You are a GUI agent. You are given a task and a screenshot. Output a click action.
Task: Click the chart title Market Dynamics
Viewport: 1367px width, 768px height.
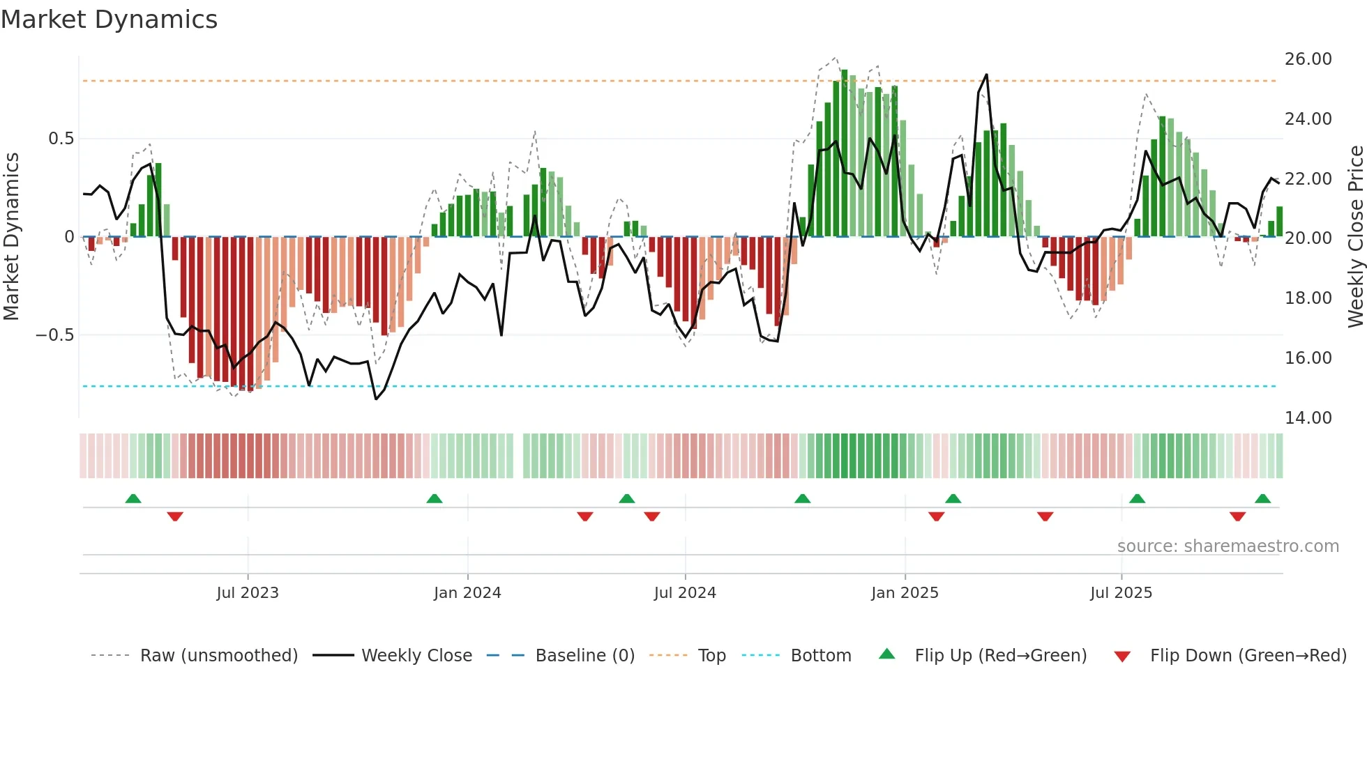(109, 20)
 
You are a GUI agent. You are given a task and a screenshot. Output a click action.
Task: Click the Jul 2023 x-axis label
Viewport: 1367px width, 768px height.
(248, 593)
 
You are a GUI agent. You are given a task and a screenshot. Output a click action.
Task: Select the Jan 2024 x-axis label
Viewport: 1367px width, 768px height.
(467, 593)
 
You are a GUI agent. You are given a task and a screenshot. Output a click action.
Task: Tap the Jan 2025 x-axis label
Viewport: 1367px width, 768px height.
(905, 593)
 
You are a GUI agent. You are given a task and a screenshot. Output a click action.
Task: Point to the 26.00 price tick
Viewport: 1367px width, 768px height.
(1308, 59)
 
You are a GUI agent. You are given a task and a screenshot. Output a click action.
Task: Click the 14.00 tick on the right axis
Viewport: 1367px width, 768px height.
(1308, 418)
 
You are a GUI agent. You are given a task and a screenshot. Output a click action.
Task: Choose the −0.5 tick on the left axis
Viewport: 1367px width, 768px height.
(54, 335)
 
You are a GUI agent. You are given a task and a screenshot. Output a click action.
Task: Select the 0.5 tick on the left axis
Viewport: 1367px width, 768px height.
(61, 139)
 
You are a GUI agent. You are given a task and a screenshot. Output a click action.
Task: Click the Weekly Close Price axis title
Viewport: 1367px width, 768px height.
(1355, 237)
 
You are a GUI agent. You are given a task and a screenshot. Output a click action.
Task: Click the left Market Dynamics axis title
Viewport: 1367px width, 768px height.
(11, 237)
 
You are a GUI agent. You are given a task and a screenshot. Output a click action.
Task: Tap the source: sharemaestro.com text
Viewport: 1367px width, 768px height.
(1228, 546)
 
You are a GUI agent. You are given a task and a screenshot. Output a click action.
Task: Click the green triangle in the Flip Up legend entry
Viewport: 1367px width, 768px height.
(886, 654)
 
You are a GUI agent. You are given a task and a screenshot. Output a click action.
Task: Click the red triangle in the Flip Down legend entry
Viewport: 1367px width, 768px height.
(1122, 656)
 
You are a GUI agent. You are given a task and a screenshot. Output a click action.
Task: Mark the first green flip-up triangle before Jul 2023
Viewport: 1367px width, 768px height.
(133, 498)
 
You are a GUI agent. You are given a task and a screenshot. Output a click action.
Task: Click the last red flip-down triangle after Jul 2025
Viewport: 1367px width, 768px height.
(1237, 516)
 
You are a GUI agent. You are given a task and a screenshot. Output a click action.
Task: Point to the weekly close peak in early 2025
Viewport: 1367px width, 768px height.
(986, 75)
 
